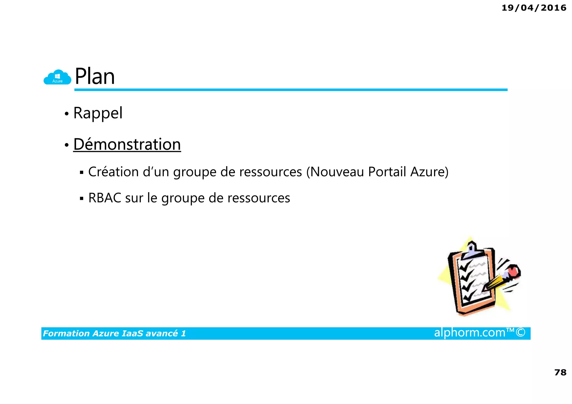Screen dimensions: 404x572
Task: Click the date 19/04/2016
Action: click(534, 8)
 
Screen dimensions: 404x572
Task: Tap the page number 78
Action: click(560, 372)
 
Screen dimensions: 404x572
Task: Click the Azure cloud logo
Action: click(57, 77)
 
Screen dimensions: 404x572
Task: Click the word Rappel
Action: click(98, 113)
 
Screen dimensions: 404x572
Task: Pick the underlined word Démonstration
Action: click(127, 144)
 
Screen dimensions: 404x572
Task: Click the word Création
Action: click(113, 172)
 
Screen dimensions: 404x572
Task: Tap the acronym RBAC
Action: click(104, 198)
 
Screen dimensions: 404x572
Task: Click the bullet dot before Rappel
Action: click(66, 114)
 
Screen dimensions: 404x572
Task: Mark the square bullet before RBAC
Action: click(82, 199)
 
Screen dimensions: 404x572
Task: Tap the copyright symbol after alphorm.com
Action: click(520, 333)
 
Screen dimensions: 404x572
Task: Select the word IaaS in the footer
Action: click(132, 333)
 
